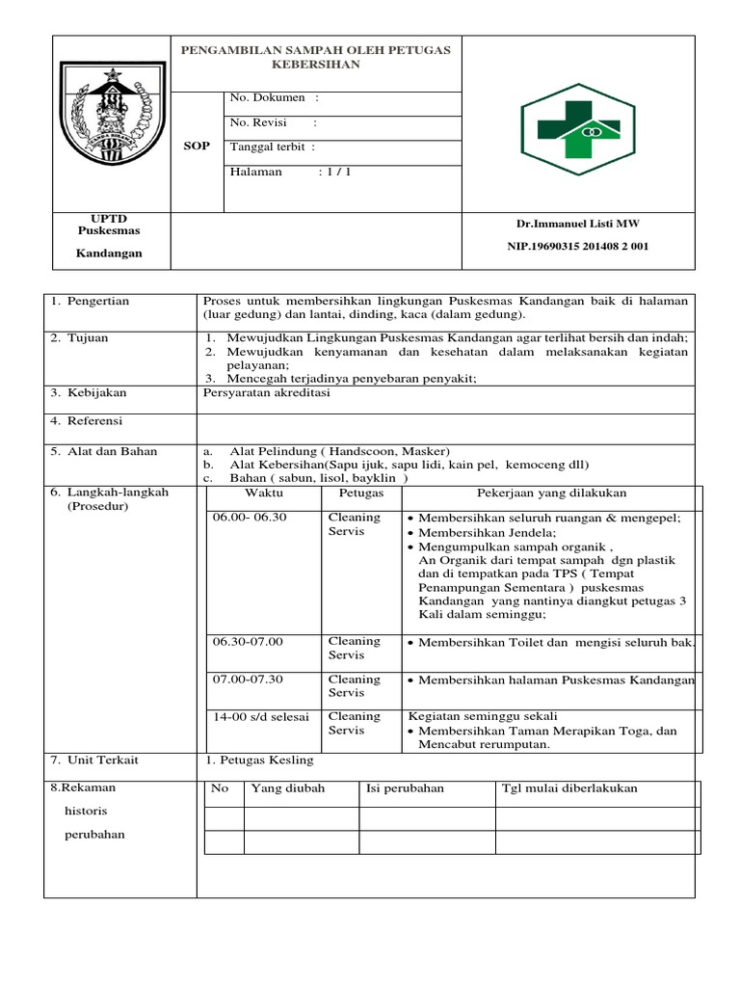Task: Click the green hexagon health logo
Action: coord(577,122)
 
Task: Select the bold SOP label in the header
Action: coord(197,146)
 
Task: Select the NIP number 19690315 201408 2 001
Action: coord(578,246)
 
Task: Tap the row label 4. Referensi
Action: coord(89,421)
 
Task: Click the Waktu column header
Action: coord(264,493)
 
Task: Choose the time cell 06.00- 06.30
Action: coord(250,518)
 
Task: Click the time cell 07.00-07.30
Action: coord(249,680)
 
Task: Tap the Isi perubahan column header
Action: coord(405,788)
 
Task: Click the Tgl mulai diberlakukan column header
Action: coord(569,788)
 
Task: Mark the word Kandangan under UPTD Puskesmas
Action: coord(109,253)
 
